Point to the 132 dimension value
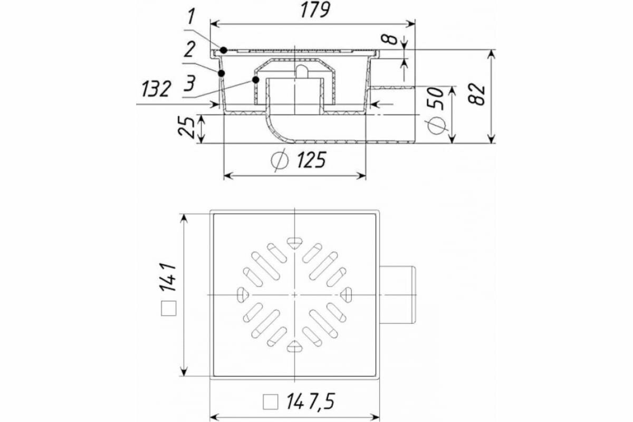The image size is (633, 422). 156,89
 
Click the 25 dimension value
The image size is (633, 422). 186,127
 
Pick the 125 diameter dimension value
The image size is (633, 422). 309,159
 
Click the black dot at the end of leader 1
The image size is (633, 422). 224,50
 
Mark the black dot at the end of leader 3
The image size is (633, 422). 256,80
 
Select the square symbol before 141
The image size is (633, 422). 169,308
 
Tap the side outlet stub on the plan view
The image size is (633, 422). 398,294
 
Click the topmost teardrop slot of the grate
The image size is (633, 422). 294,242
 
